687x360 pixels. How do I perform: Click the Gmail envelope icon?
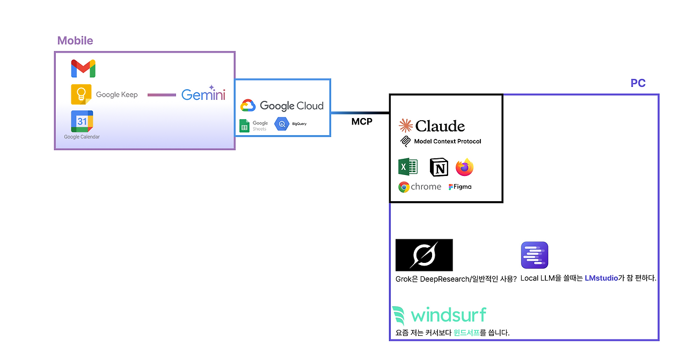[83, 69]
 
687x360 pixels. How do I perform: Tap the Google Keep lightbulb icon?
[81, 94]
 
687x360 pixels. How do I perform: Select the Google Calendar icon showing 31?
[82, 121]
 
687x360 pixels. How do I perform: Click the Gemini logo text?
[203, 94]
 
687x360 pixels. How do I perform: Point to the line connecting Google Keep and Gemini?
[162, 95]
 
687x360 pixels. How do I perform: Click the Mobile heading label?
[75, 41]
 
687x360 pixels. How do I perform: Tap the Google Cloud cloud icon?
[247, 106]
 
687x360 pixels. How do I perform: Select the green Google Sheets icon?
[244, 126]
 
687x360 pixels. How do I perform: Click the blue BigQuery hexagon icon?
[282, 124]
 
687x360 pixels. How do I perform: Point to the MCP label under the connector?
[362, 122]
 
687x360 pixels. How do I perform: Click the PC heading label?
[638, 84]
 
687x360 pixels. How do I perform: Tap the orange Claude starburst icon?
[405, 126]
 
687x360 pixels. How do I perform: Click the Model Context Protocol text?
[448, 142]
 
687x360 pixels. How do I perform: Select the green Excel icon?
[408, 167]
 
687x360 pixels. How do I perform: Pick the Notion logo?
[439, 168]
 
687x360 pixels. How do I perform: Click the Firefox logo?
[465, 167]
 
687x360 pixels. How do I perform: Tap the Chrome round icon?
[404, 187]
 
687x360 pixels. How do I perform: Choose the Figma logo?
[451, 187]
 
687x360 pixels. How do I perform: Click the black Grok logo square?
[424, 255]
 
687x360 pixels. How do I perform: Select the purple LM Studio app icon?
[535, 255]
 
